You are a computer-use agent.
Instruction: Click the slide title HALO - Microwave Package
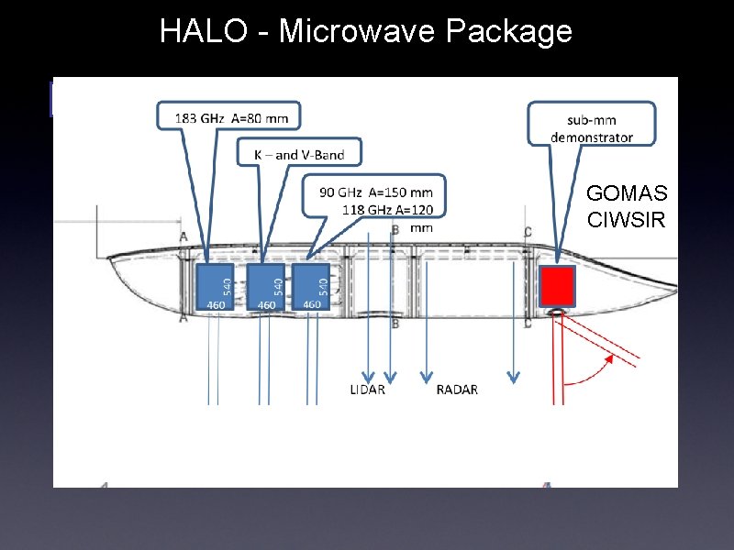[x=365, y=31]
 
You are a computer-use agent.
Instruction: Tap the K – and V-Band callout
[x=299, y=154]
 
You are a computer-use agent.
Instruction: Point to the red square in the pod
[x=556, y=286]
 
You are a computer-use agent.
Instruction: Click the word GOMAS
[x=627, y=194]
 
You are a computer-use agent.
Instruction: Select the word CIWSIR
[x=627, y=220]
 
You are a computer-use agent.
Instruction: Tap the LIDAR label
[x=368, y=390]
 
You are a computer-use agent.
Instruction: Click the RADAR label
[x=457, y=390]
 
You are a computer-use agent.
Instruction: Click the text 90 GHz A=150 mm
[x=376, y=192]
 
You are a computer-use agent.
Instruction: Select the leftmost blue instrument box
[x=215, y=287]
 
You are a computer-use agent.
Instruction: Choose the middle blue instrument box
[x=266, y=287]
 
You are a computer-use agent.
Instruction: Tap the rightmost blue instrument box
[x=311, y=287]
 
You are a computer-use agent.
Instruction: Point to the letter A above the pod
[x=184, y=236]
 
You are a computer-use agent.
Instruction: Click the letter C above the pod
[x=527, y=231]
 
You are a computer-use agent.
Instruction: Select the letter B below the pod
[x=395, y=324]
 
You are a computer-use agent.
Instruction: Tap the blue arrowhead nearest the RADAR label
[x=426, y=376]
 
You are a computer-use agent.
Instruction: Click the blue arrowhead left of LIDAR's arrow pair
[x=369, y=376]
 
